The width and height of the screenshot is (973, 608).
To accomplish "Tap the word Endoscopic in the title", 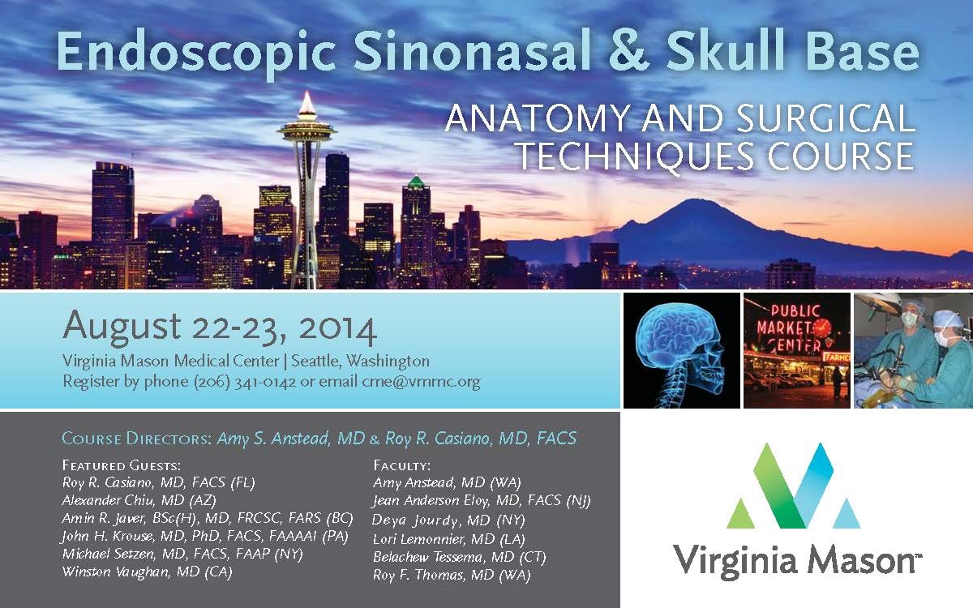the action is [x=196, y=54].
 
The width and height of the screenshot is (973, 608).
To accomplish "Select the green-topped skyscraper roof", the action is [x=416, y=181].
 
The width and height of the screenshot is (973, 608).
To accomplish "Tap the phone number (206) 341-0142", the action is [x=245, y=382].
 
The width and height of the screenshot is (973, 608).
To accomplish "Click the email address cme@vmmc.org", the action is [x=421, y=382].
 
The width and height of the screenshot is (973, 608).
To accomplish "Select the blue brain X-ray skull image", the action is [x=682, y=350].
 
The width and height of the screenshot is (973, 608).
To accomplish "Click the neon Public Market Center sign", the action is [x=789, y=328].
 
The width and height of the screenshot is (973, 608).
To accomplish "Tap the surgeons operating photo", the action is [x=913, y=350].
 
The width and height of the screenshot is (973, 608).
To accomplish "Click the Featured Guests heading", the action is [x=121, y=465].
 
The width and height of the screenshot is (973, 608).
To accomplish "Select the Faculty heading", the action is [x=402, y=465].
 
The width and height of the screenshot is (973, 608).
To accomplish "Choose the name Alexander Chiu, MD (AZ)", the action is [x=139, y=501].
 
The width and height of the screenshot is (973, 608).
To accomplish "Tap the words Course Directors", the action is [x=136, y=439].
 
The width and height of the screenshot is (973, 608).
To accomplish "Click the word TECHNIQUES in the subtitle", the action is [x=640, y=156].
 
